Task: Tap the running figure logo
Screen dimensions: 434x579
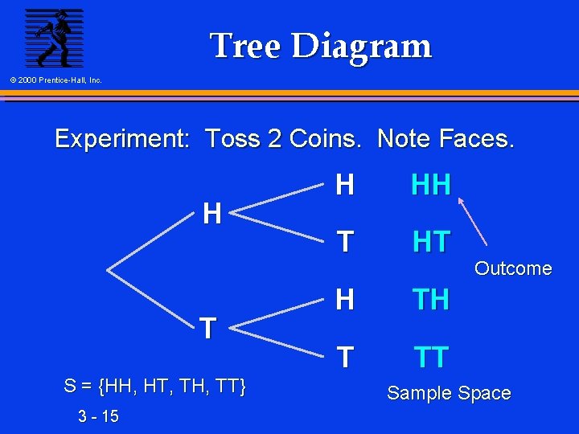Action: coord(54,37)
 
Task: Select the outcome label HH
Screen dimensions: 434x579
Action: coord(431,186)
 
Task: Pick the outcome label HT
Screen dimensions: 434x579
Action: coord(431,242)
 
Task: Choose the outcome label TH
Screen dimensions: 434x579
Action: coord(431,300)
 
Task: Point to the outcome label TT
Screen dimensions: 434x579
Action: coord(431,357)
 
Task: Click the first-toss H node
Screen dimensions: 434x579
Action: coord(212,214)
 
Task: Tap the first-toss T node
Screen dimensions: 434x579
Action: coord(207,328)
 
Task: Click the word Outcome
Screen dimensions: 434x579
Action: coord(513,268)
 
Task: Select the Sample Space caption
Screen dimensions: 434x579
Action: coord(449,393)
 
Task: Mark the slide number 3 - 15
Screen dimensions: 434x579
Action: coord(99,416)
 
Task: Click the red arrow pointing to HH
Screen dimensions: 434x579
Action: coord(474,222)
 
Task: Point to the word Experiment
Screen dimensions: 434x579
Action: coord(121,139)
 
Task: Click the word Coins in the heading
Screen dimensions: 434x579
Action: coord(325,139)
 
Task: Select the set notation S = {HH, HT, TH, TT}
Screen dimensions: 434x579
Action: coord(154,387)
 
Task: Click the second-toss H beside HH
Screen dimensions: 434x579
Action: coord(345,186)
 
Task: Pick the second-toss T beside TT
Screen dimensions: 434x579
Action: coord(345,357)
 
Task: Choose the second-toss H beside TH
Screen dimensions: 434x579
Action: coord(345,300)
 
